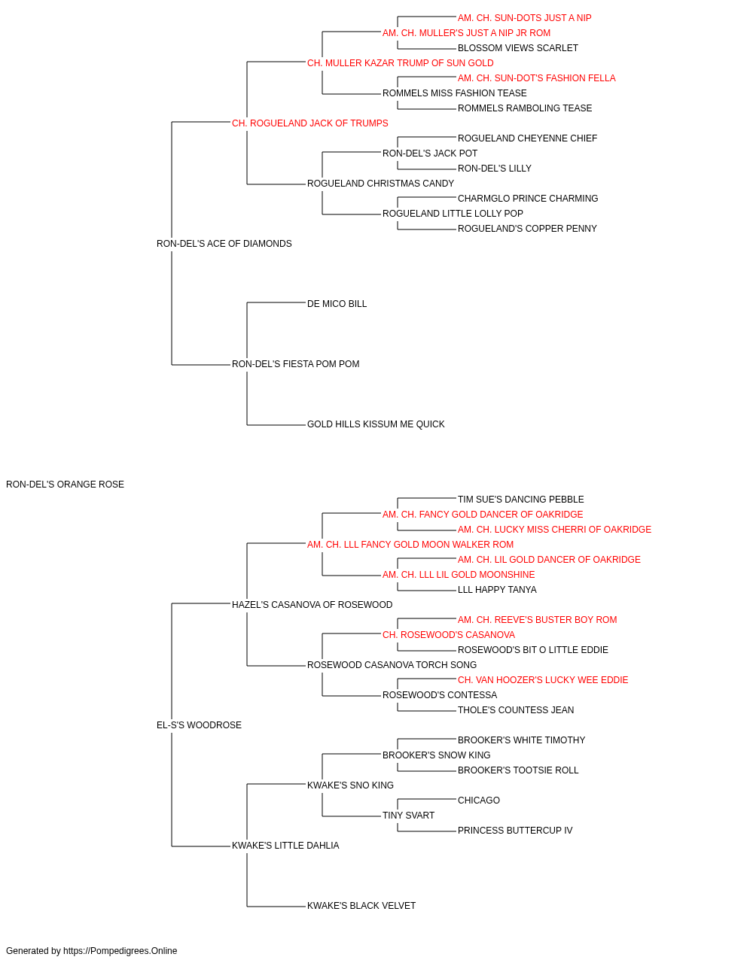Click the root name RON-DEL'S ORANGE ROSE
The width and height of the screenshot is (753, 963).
tap(65, 485)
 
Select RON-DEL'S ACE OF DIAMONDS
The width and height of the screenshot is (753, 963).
tap(224, 244)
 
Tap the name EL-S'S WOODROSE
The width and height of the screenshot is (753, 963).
tap(199, 725)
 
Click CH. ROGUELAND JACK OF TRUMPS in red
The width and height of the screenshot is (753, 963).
tap(310, 123)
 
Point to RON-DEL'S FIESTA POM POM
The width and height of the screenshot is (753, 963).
tap(295, 364)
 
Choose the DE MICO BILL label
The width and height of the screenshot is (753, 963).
tap(337, 304)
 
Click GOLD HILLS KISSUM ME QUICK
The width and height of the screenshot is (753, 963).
tap(376, 424)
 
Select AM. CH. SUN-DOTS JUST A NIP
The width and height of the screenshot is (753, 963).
tap(525, 18)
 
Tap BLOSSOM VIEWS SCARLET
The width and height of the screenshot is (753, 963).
tap(518, 48)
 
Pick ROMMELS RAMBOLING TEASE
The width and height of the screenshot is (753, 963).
tap(525, 108)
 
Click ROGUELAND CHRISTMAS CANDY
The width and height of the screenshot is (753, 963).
tap(380, 184)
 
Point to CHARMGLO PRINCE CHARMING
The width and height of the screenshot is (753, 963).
tap(528, 199)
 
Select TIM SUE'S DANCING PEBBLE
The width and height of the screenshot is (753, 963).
tap(520, 500)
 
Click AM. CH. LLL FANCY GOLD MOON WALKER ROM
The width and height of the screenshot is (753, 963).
tap(410, 545)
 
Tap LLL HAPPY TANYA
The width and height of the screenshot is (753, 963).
tap(497, 590)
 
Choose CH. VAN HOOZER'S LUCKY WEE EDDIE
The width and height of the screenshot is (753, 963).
tap(543, 680)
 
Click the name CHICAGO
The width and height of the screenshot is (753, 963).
tap(478, 800)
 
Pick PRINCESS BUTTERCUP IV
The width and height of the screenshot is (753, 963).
tap(515, 831)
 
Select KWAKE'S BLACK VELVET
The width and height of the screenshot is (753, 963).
tap(361, 906)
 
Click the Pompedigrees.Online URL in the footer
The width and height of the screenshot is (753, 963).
tap(120, 951)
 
